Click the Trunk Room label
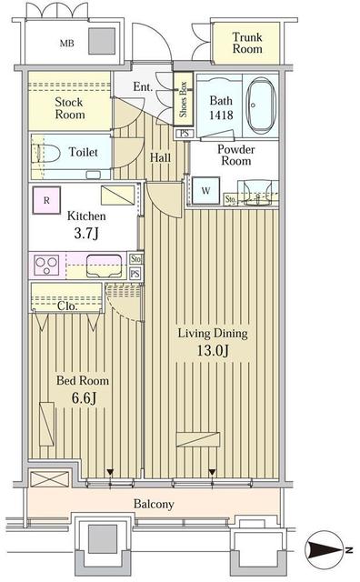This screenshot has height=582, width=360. [246, 43]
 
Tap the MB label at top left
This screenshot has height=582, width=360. [67, 43]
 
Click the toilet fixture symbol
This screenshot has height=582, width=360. [49, 152]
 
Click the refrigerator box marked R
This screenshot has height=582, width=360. [44, 198]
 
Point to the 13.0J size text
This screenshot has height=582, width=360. [211, 350]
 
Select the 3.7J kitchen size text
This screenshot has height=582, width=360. [86, 234]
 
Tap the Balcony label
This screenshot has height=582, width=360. [154, 504]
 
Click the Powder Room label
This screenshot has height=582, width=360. [235, 156]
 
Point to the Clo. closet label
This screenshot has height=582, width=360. [67, 306]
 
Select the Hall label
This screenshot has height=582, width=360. [160, 157]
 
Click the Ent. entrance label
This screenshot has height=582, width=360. [143, 86]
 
